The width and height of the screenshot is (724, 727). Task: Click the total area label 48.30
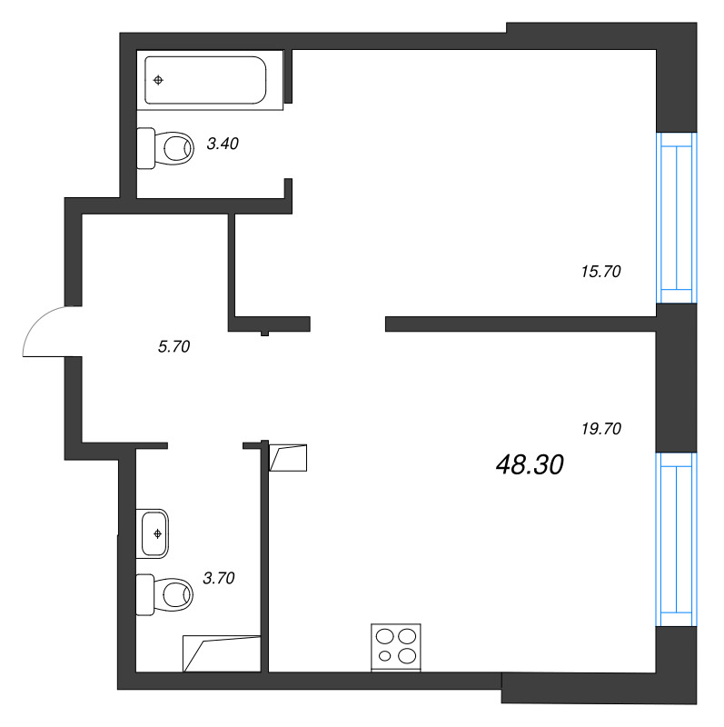click(x=531, y=465)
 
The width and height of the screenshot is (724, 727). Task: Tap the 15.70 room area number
click(x=600, y=270)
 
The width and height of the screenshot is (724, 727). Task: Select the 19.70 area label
click(x=600, y=429)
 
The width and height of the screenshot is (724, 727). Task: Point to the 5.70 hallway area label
click(x=173, y=345)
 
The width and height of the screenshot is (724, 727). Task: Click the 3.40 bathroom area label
click(x=223, y=143)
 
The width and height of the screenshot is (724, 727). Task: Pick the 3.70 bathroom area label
click(x=219, y=577)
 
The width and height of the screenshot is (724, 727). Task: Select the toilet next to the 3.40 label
click(x=165, y=147)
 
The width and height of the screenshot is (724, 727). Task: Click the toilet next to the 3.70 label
click(x=165, y=594)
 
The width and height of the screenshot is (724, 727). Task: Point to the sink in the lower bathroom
click(x=155, y=533)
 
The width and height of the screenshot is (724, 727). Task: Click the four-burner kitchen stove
click(x=397, y=646)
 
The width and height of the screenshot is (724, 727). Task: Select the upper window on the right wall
click(x=676, y=217)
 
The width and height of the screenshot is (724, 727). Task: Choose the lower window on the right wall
click(x=676, y=538)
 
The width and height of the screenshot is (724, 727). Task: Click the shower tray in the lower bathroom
click(x=221, y=653)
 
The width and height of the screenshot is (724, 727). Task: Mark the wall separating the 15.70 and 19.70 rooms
click(x=520, y=323)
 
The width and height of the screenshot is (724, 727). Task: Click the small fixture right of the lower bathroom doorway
click(x=290, y=458)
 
